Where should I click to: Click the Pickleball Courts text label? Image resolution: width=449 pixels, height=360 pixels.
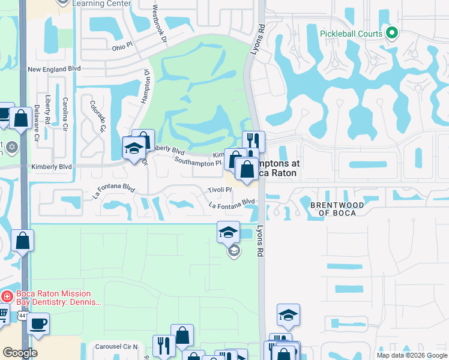[x=351, y=34]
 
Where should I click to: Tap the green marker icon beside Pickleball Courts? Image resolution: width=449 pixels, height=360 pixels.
[x=392, y=33]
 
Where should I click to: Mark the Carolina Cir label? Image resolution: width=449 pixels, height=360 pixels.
[x=65, y=112]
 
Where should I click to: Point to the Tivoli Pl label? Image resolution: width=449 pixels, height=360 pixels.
[x=220, y=190]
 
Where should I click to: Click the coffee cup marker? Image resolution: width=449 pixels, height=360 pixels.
[x=38, y=324]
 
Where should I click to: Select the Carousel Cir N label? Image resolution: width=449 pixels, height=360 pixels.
[x=116, y=347]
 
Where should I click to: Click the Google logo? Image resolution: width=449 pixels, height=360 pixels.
[x=20, y=353]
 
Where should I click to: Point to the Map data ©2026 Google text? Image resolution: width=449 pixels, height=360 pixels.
[x=412, y=355]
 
